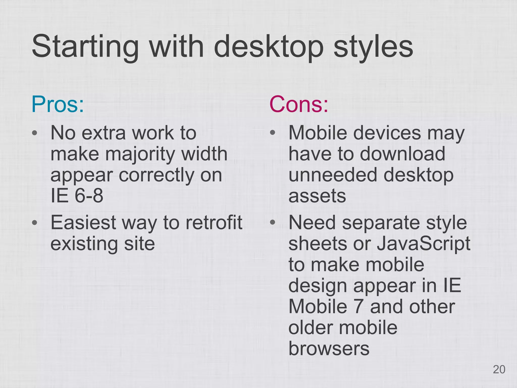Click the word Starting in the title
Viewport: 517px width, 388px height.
tap(85, 47)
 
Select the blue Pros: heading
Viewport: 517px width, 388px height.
tap(58, 104)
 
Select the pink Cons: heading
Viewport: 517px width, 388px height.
tap(299, 104)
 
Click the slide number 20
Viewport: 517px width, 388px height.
tap(499, 370)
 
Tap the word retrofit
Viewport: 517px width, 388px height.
tap(214, 223)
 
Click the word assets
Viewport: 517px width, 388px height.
tap(317, 196)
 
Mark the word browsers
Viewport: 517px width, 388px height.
tap(329, 349)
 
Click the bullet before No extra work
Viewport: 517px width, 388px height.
tap(35, 133)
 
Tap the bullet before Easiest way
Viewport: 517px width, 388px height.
tap(35, 223)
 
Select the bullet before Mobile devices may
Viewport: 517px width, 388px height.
tap(272, 133)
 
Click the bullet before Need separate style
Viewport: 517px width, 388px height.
tap(272, 223)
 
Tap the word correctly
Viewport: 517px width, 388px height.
tap(157, 175)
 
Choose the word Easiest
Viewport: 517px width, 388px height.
tap(83, 223)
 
